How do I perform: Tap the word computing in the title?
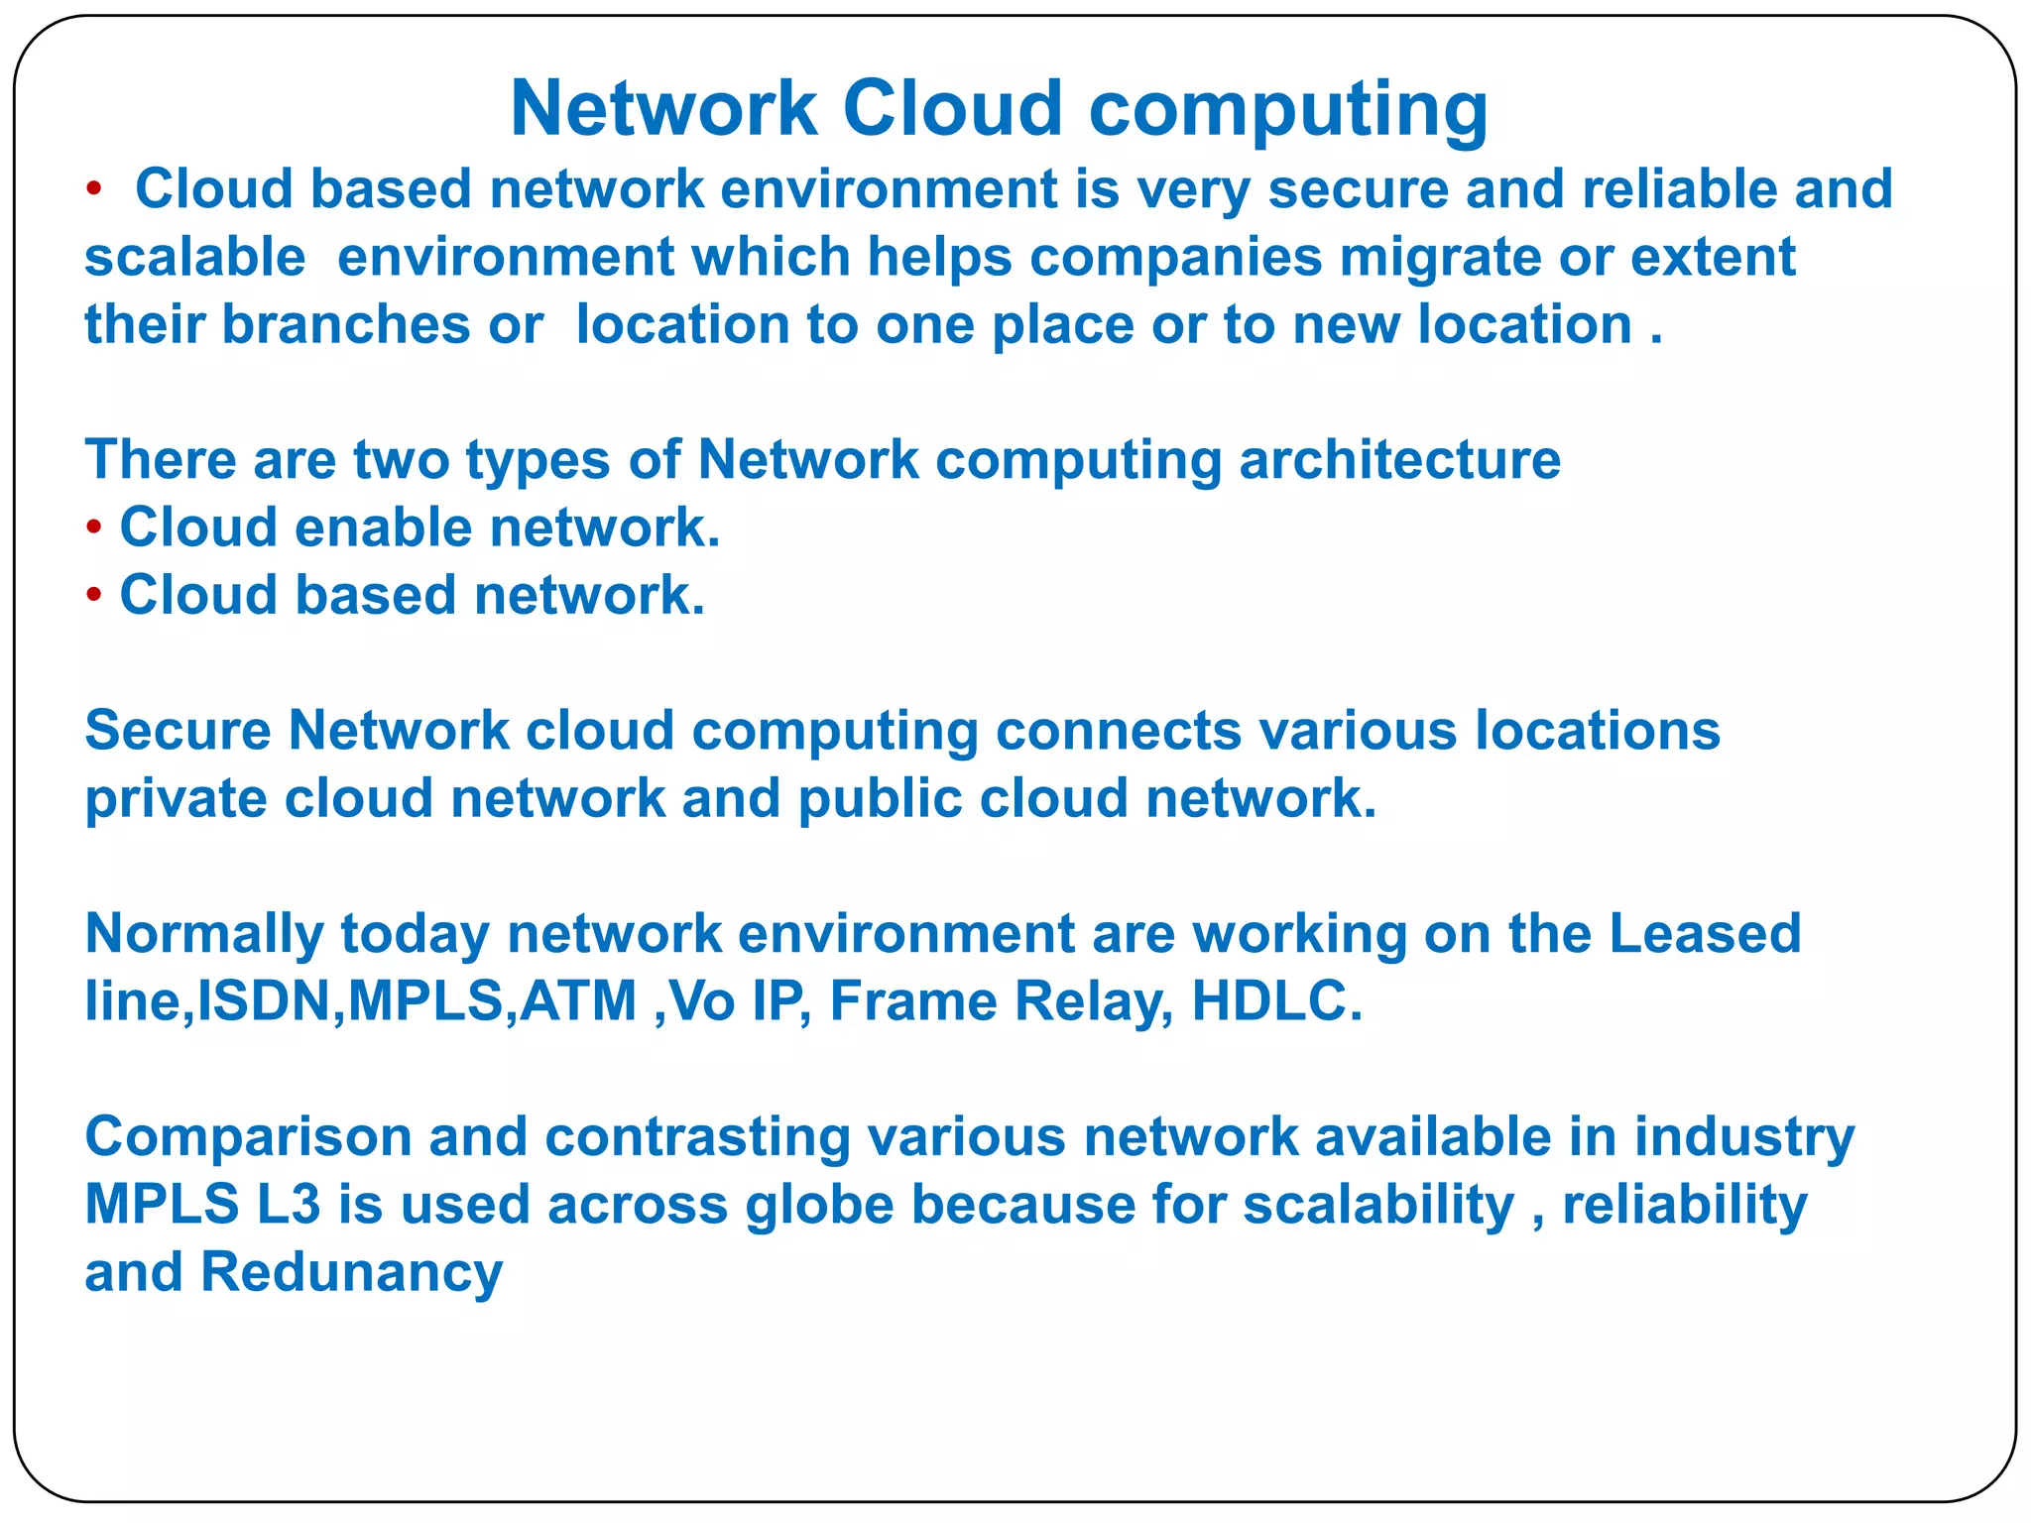pos(1288,111)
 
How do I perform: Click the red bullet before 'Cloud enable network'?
pos(94,527)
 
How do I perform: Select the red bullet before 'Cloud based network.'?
pos(94,595)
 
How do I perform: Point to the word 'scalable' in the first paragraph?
pos(195,257)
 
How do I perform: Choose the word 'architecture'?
pos(1399,460)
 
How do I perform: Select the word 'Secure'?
pos(178,731)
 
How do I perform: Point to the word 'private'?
pos(176,799)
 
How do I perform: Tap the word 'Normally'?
pos(204,935)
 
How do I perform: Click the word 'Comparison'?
pos(248,1137)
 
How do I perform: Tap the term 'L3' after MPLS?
pos(289,1205)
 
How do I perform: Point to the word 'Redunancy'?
pos(352,1273)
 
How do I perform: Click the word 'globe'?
pos(819,1206)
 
